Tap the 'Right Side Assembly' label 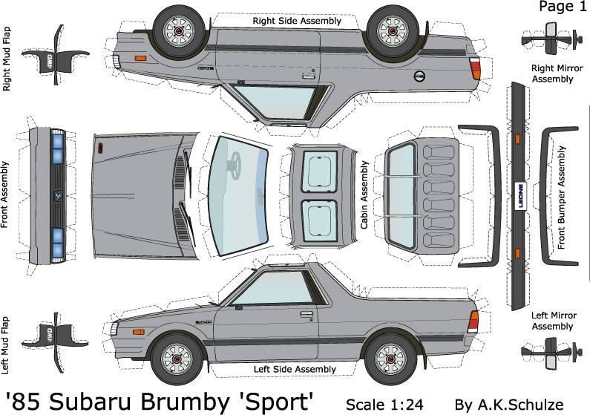(297, 21)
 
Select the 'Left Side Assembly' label (295, 369)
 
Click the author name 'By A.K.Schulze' (509, 404)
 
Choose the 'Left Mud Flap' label (7, 344)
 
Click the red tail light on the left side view (473, 321)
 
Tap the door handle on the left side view (306, 314)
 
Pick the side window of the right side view (281, 99)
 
